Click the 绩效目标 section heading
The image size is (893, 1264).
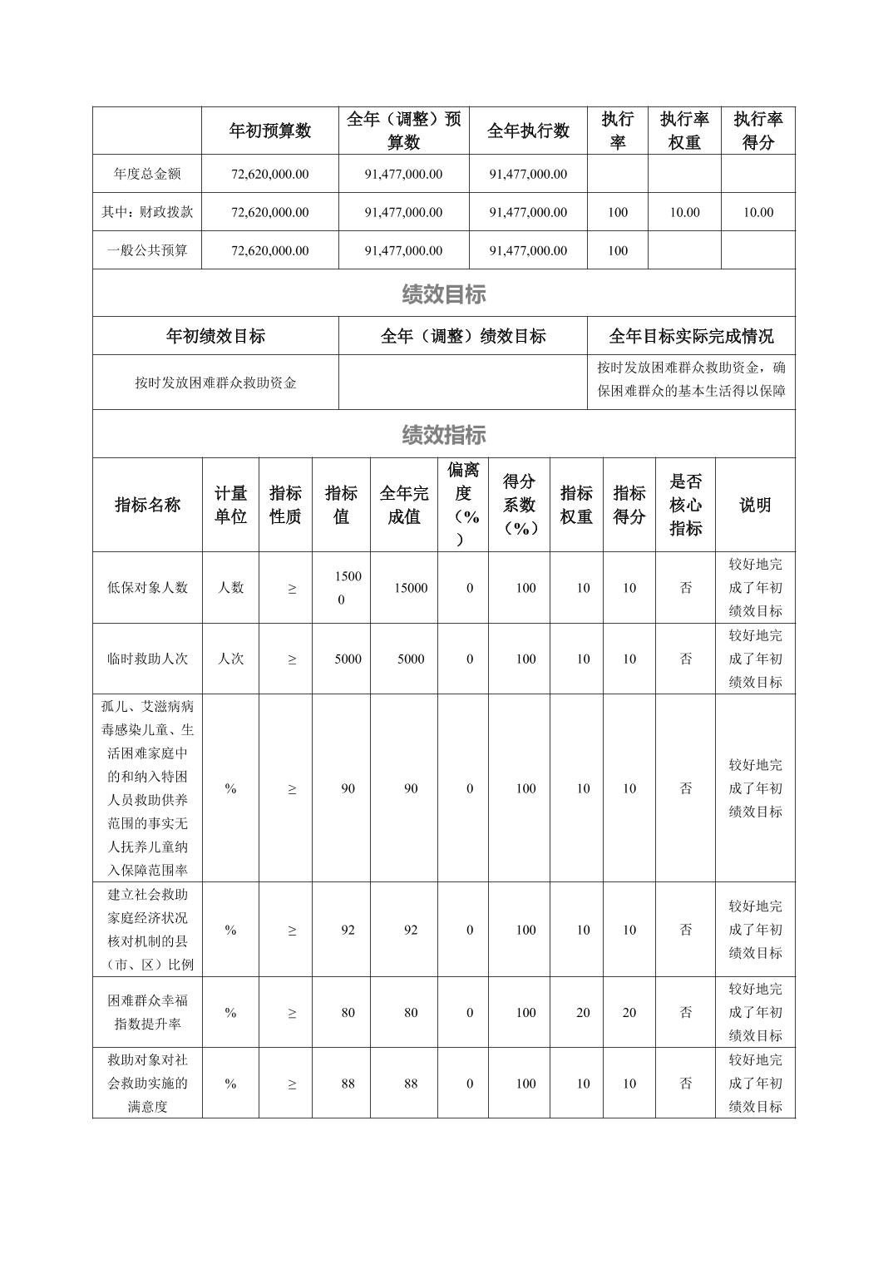pyautogui.click(x=443, y=294)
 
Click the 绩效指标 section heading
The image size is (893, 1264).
pyautogui.click(x=443, y=434)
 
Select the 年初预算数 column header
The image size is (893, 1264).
pyautogui.click(x=269, y=131)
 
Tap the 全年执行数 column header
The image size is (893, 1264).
pyautogui.click(x=528, y=131)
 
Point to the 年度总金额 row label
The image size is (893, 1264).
pyautogui.click(x=147, y=174)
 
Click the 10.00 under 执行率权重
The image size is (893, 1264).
pyautogui.click(x=684, y=212)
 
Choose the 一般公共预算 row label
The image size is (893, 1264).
pyautogui.click(x=147, y=250)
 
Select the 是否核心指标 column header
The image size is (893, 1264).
pyautogui.click(x=685, y=505)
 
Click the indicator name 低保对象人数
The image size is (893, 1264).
pyautogui.click(x=147, y=588)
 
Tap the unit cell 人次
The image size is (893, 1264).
pyautogui.click(x=230, y=659)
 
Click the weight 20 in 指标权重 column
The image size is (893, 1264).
pyautogui.click(x=583, y=1012)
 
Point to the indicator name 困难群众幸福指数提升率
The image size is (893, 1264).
pyautogui.click(x=147, y=1012)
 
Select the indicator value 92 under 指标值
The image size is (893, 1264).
pyautogui.click(x=348, y=930)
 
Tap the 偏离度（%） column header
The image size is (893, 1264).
pyautogui.click(x=463, y=505)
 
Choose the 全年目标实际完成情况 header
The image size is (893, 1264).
pyautogui.click(x=691, y=336)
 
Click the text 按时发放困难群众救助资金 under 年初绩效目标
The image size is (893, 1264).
pyautogui.click(x=215, y=383)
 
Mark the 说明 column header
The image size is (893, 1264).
pyautogui.click(x=755, y=505)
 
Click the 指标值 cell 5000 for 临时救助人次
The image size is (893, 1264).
pyautogui.click(x=348, y=659)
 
